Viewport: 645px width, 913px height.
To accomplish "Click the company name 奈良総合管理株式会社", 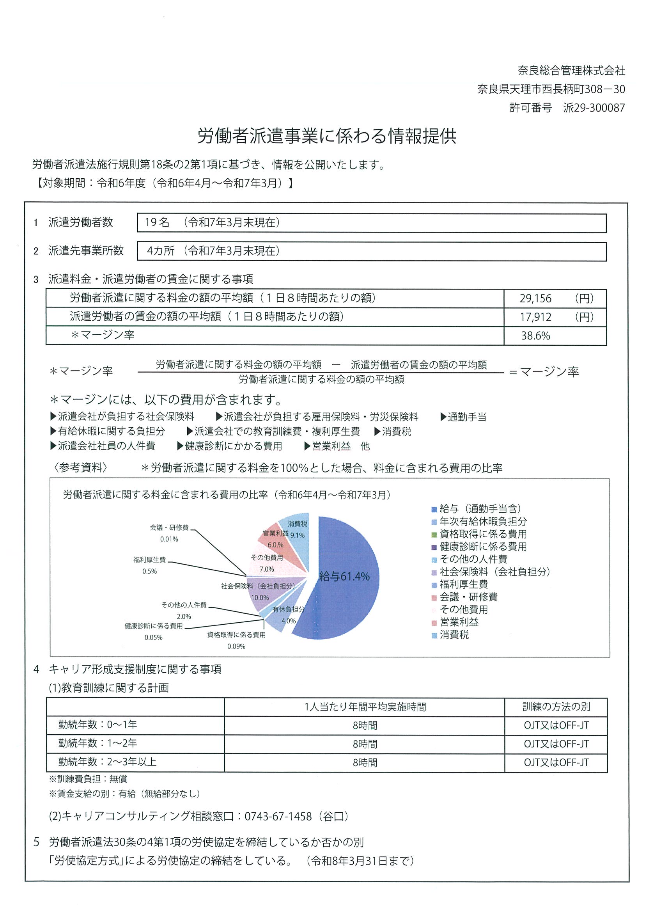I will pos(571,71).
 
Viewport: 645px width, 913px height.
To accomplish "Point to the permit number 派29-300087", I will pos(594,108).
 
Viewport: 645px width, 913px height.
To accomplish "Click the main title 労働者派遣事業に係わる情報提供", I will pos(327,136).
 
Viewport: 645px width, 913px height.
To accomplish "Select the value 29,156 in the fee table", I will pos(535,298).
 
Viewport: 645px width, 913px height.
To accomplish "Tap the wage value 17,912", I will pos(535,317).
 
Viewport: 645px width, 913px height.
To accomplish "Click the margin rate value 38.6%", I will pos(535,336).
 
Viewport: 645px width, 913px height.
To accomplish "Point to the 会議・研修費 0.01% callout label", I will pos(169,533).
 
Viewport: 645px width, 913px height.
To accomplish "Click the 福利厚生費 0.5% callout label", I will pos(149,565).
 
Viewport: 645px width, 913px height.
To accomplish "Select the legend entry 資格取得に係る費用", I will pos(482,534).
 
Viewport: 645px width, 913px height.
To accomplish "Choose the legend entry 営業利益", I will pos(459,622).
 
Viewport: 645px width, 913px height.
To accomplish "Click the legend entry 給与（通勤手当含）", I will pos(480,509).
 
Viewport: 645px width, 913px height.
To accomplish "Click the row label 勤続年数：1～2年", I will pos(98,743).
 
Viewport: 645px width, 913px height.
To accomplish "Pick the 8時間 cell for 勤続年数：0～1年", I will pos(365,725).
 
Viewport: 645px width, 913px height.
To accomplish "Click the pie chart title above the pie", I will pos(227,495).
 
